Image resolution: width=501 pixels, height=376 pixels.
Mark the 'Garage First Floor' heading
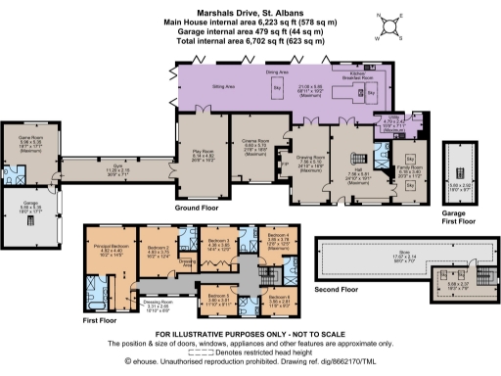[458, 218]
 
